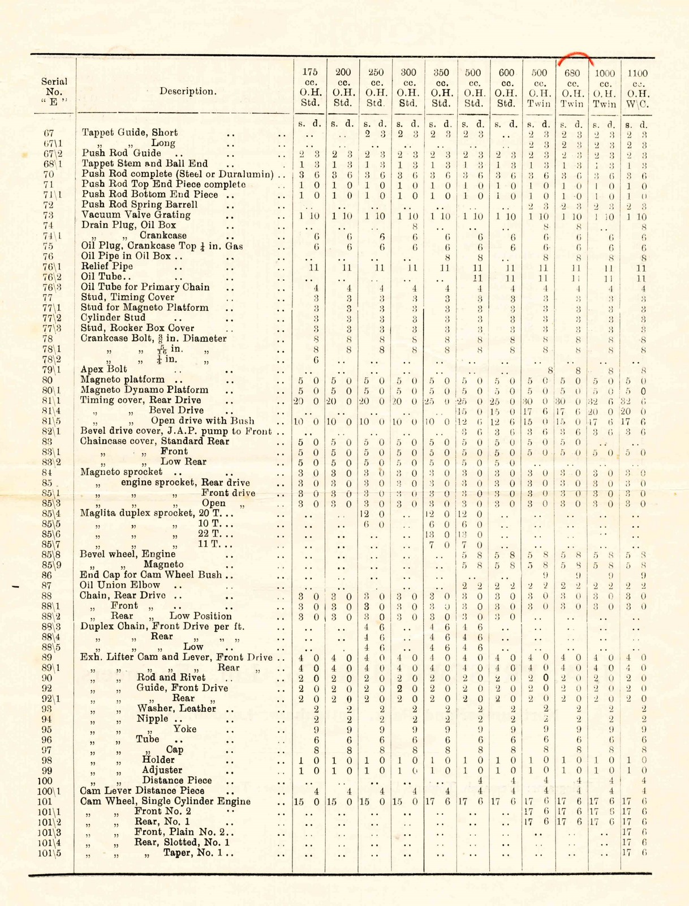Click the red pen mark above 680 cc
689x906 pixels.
pyautogui.click(x=576, y=56)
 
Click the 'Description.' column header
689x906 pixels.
pyautogui.click(x=187, y=91)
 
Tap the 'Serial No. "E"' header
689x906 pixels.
pyautogui.click(x=54, y=91)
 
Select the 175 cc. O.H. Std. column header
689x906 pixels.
pyautogui.click(x=310, y=88)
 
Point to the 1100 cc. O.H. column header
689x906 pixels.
pyautogui.click(x=638, y=88)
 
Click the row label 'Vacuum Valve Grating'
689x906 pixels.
pyautogui.click(x=136, y=215)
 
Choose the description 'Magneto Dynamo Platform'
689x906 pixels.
pyautogui.click(x=144, y=390)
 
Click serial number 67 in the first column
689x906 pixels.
pyautogui.click(x=49, y=133)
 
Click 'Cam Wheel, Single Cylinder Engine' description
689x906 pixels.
pyautogui.click(x=165, y=801)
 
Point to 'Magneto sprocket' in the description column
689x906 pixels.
pyautogui.click(x=122, y=472)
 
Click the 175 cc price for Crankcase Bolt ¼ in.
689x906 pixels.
pyautogui.click(x=316, y=360)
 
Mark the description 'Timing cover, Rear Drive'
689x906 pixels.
pyautogui.click(x=140, y=400)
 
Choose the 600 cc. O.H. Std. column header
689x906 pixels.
pyautogui.click(x=506, y=88)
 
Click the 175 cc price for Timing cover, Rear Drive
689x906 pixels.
pyautogui.click(x=309, y=401)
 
